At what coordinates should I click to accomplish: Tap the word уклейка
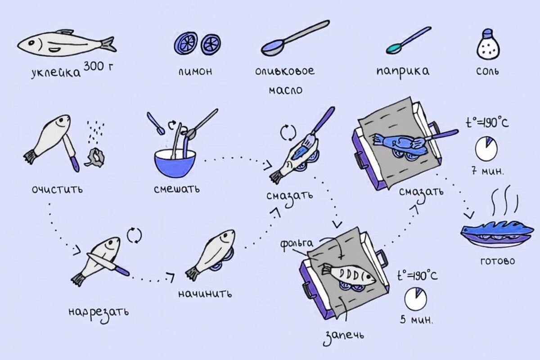pos(56,72)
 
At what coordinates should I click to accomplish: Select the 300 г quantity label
pos(98,66)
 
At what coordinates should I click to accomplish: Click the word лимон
pos(195,72)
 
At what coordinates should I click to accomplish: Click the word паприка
pos(403,72)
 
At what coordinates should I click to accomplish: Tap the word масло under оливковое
pos(285,90)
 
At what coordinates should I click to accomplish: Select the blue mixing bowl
pos(175,163)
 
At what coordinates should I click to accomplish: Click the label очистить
pos(57,189)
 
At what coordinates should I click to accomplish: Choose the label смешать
pos(177,189)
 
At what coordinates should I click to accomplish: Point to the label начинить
pos(205,294)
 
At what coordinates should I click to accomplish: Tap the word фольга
pos(297,243)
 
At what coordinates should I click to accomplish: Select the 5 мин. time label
pos(416,320)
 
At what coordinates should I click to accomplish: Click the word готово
pos(498,261)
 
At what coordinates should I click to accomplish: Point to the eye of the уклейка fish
pos(31,43)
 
